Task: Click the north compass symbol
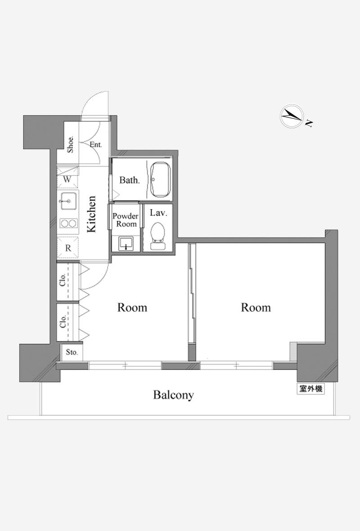click(292, 116)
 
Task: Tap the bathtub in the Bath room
click(161, 180)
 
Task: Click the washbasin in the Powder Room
click(126, 243)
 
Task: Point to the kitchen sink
click(68, 201)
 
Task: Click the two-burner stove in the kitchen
click(68, 224)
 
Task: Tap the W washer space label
click(67, 179)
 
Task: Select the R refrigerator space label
click(68, 248)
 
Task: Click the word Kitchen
click(91, 214)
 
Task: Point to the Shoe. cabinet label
click(71, 144)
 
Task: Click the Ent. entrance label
click(96, 144)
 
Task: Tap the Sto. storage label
click(72, 352)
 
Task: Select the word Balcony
click(173, 395)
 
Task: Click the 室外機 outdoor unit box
click(310, 389)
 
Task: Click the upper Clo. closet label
click(63, 280)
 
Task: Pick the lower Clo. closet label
click(63, 322)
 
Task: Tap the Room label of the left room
click(132, 307)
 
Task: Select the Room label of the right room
click(256, 307)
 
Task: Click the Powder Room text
click(126, 220)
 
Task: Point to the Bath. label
click(129, 180)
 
